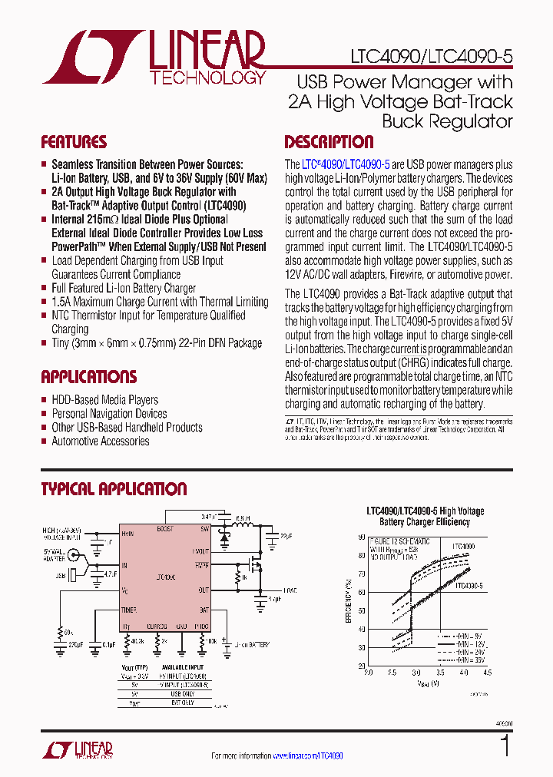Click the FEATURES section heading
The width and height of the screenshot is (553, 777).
[74, 143]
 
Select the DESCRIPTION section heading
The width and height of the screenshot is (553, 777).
[329, 143]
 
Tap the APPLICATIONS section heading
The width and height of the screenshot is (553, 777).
[88, 377]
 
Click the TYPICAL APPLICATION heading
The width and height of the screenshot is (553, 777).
[114, 489]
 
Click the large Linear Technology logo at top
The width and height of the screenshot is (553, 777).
[154, 57]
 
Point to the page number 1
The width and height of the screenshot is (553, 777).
[505, 746]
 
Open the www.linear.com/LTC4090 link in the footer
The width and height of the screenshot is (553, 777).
[307, 756]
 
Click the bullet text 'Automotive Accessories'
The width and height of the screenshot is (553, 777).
[100, 441]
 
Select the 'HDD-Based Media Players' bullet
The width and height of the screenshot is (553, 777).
[104, 400]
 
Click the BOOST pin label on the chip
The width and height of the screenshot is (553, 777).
[165, 530]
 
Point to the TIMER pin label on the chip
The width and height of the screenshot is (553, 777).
[128, 610]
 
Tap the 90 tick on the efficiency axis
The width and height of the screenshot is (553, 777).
[361, 537]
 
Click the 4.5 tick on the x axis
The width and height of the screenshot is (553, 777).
[488, 672]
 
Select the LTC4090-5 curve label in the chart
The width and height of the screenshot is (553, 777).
[469, 586]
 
